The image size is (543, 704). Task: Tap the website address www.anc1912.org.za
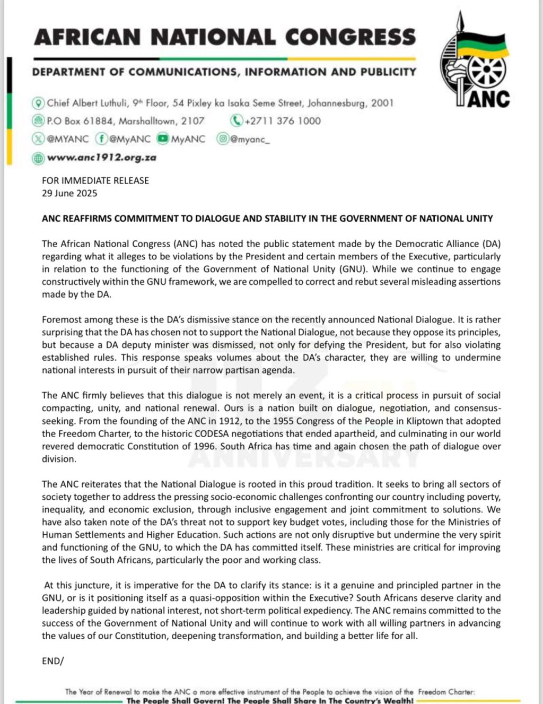(101, 158)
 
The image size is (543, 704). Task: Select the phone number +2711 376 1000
(282, 121)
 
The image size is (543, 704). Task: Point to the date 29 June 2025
(69, 193)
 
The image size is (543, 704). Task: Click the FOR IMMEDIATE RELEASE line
(95, 180)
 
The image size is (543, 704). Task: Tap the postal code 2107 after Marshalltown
(192, 121)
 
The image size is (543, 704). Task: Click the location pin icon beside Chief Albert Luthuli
(38, 103)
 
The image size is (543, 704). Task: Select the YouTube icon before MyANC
(162, 140)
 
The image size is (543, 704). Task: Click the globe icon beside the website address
(38, 158)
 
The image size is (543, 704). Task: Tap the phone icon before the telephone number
(236, 121)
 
